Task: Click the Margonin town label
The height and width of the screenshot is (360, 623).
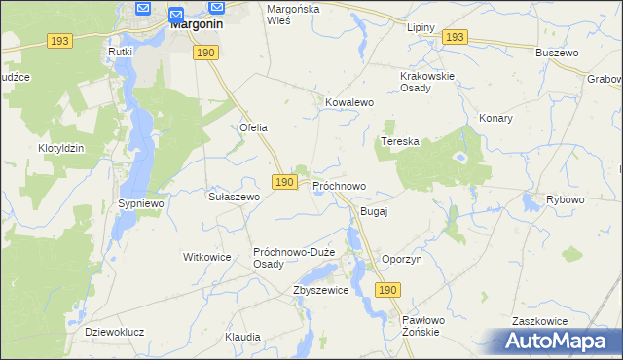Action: [x=199, y=26]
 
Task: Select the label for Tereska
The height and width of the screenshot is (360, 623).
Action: [x=399, y=141]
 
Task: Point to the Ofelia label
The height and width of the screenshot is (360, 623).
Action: [x=253, y=127]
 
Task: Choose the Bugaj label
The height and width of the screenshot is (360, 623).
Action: [x=374, y=211]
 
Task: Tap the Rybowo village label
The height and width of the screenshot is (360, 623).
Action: [x=565, y=199]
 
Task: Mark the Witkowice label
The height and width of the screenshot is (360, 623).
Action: [x=206, y=258]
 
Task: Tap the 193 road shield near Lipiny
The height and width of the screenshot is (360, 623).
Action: [x=454, y=36]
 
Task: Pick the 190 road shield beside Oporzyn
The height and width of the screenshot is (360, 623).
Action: [x=387, y=290]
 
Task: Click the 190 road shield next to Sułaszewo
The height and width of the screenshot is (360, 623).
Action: [x=283, y=182]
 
